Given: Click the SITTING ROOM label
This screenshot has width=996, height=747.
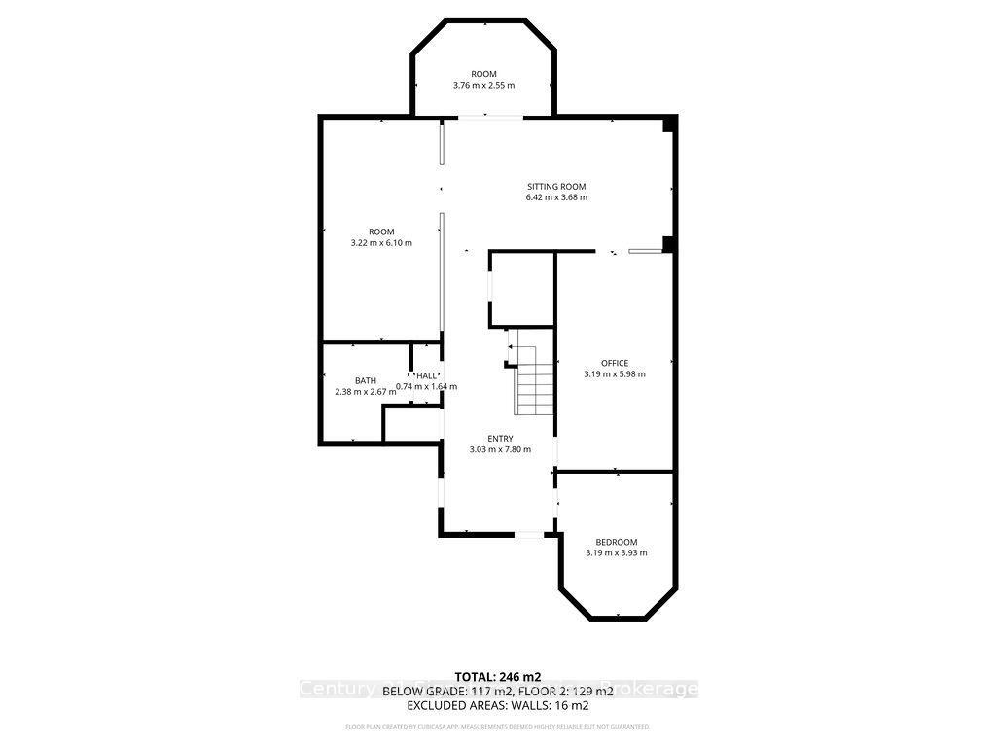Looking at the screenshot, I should (x=556, y=186).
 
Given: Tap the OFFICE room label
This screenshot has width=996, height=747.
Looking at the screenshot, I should (x=614, y=363).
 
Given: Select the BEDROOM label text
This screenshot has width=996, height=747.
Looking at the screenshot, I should (x=616, y=542).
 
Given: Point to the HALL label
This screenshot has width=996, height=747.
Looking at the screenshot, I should (x=426, y=375).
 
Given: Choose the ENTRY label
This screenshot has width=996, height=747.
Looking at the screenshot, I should (x=500, y=439).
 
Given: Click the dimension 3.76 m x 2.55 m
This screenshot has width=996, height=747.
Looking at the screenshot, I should (x=483, y=86).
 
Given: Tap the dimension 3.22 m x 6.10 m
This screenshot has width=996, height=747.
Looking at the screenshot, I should (x=381, y=243).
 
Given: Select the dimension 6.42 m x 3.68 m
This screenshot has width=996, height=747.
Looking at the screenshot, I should (x=556, y=197).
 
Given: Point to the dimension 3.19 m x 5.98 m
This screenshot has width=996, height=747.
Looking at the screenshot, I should (x=614, y=374).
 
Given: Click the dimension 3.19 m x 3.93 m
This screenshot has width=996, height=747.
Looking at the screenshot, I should (x=616, y=553).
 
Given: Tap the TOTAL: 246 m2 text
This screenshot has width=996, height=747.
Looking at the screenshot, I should (x=497, y=676).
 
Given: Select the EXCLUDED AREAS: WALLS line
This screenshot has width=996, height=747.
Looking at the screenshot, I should (x=497, y=705).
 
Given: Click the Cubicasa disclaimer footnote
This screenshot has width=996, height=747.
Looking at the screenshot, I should (x=497, y=727).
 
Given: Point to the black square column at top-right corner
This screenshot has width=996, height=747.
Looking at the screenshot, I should (x=668, y=124).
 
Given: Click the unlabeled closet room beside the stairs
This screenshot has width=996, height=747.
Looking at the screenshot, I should (x=522, y=290).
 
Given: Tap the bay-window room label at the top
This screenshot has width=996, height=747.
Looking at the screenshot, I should (x=483, y=74).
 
